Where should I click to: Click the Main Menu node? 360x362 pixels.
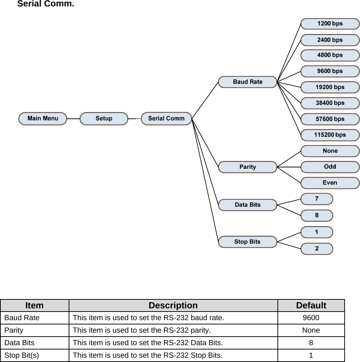pyautogui.click(x=43, y=118)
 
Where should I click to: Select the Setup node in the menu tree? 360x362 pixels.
pyautogui.click(x=104, y=118)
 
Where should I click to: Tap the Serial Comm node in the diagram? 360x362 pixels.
pyautogui.click(x=166, y=118)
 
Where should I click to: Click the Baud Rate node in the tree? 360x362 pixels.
pyautogui.click(x=247, y=82)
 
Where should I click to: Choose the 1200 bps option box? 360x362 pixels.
pyautogui.click(x=330, y=24)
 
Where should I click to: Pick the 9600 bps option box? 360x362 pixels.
pyautogui.click(x=330, y=71)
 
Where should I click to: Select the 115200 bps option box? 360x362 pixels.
pyautogui.click(x=330, y=135)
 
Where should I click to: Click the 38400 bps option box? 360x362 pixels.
pyautogui.click(x=330, y=103)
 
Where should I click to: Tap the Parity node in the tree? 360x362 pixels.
pyautogui.click(x=247, y=167)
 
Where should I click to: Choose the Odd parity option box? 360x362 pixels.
pyautogui.click(x=330, y=167)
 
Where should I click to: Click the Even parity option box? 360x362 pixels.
pyautogui.click(x=330, y=183)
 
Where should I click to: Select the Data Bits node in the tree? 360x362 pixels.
pyautogui.click(x=247, y=205)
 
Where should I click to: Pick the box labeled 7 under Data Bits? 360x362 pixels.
pyautogui.click(x=317, y=199)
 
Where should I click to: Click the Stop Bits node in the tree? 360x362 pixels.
pyautogui.click(x=247, y=242)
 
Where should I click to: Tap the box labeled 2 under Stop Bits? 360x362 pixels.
pyautogui.click(x=317, y=249)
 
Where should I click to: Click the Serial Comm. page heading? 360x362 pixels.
pyautogui.click(x=46, y=4)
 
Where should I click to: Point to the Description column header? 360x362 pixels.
pyautogui.click(x=173, y=305)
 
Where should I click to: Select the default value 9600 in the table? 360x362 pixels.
pyautogui.click(x=311, y=318)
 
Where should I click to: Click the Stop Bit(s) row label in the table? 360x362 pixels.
pyautogui.click(x=22, y=355)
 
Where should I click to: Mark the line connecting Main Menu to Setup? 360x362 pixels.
pyautogui.click(x=73, y=118)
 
